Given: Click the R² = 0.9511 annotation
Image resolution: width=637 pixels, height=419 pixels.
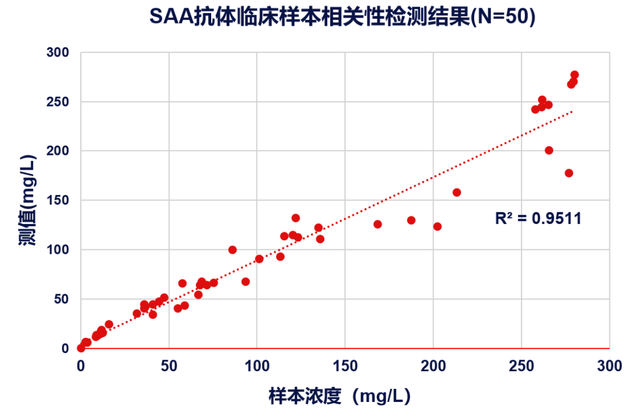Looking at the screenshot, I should (x=538, y=219).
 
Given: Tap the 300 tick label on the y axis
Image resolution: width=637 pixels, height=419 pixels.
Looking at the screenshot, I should (x=58, y=52).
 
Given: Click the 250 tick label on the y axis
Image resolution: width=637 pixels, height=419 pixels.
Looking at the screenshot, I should (x=58, y=102).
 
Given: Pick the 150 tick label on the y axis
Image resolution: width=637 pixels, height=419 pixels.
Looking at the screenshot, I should (x=58, y=200).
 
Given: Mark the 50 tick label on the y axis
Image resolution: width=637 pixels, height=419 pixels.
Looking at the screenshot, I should (x=61, y=299).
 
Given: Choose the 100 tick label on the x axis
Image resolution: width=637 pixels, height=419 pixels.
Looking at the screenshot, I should (x=257, y=366).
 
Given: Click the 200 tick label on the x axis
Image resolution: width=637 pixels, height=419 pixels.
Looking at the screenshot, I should (x=434, y=366).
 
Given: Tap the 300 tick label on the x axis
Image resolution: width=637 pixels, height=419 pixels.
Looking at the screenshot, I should (x=609, y=366).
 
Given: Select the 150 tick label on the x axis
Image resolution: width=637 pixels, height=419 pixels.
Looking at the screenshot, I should (x=345, y=366).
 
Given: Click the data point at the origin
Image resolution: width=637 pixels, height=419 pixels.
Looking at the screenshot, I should (x=81, y=348).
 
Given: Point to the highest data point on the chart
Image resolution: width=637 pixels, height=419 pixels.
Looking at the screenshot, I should (x=574, y=75).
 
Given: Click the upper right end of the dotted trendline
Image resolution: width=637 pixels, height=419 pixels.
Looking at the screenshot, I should (x=572, y=111).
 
